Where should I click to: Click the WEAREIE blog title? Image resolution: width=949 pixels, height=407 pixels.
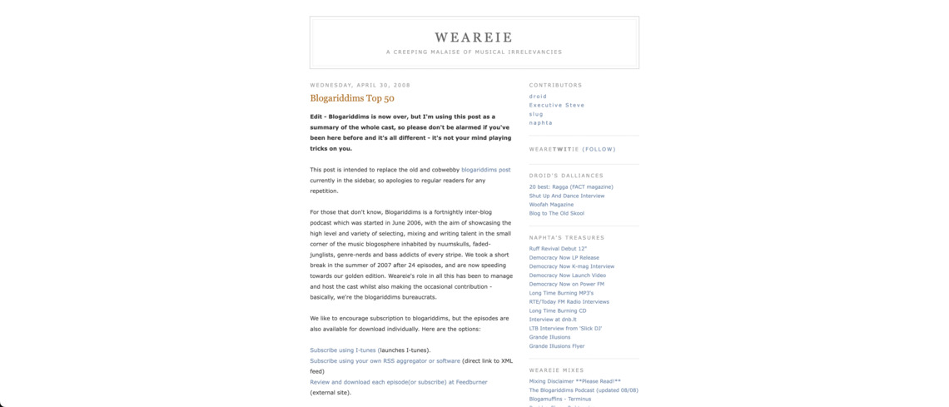coord(474,37)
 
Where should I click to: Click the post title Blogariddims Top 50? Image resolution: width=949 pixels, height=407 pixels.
coord(352,98)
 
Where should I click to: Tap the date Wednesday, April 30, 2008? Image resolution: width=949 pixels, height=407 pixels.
coord(360,85)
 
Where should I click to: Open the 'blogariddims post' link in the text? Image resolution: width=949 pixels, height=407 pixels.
coord(485,170)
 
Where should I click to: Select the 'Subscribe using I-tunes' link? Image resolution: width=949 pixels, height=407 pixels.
coord(343,350)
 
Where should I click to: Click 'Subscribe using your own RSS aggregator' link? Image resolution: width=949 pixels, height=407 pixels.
coord(385,361)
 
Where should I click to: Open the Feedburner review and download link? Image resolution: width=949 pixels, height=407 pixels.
coord(399,382)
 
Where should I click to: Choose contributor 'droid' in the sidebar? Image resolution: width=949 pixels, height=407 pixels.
coord(538,97)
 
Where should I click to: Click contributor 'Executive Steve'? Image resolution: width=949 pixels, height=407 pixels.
coord(557,106)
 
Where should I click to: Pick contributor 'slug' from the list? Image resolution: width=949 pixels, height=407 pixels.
coord(536,114)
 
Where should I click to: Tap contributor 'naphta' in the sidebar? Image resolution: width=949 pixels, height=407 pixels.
coord(540,123)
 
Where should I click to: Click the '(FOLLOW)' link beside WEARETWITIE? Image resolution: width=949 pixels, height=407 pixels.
coord(599,150)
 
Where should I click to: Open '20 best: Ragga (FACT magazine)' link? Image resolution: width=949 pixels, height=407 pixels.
coord(571,186)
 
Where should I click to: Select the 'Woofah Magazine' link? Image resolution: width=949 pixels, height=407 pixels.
coord(551,205)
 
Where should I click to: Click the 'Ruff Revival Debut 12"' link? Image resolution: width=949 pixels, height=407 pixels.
coord(558,249)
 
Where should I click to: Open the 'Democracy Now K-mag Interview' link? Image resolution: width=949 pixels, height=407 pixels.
coord(571,266)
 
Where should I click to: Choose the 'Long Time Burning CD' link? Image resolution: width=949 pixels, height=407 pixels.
coord(557,310)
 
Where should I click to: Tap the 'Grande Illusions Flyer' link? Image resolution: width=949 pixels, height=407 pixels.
coord(556,346)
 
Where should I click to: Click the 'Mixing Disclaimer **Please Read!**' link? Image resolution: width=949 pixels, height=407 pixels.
coord(574,381)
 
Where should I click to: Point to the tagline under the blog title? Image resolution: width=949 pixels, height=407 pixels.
coord(474,52)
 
